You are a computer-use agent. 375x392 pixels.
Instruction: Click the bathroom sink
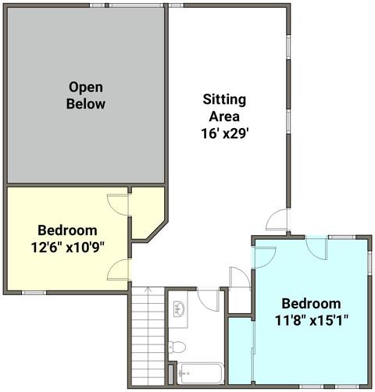coord(179,309)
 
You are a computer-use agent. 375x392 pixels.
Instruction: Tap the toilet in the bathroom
coord(177,347)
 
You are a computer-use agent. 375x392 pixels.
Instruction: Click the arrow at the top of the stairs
coord(148,289)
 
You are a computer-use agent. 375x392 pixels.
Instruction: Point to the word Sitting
coord(224,100)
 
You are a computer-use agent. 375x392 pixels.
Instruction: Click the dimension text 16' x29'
coord(225,134)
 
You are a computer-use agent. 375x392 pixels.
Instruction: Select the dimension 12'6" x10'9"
coord(68,248)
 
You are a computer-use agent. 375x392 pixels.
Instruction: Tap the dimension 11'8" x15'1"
coord(312,320)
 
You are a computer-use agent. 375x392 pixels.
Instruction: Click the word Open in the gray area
coord(86,87)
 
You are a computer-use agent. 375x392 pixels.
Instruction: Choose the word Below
coord(86,104)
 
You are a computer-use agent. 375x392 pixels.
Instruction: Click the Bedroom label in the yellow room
coord(67,230)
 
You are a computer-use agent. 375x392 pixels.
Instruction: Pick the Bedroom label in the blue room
coord(312,304)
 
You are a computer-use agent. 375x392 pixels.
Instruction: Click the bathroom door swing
coord(209,299)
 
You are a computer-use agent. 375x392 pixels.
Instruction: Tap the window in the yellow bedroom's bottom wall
coord(34,293)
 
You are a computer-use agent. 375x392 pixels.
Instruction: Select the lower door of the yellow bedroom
coord(118,269)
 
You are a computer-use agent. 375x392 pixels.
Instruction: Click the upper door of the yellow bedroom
coord(118,205)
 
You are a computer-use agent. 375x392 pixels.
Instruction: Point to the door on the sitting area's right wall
coord(277,219)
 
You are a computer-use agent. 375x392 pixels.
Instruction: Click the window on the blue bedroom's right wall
coord(370,263)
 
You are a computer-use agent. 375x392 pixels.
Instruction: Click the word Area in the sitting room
coord(224,116)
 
